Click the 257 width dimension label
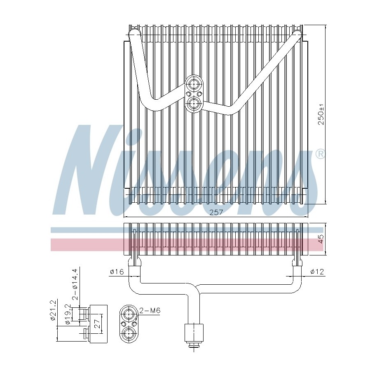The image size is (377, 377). click(216, 212)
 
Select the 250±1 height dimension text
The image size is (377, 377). click(321, 116)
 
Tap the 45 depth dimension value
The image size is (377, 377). click(321, 239)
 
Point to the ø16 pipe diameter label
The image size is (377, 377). click(117, 272)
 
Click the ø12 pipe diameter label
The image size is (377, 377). click(317, 272)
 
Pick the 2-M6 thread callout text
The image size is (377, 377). click(150, 310)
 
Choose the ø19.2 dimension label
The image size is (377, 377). click(68, 314)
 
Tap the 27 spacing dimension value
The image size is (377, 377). click(97, 323)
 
